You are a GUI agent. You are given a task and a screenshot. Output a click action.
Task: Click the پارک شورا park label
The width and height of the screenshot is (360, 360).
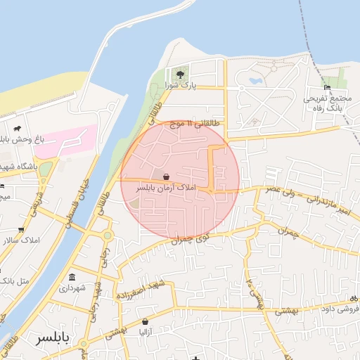[x=179, y=85]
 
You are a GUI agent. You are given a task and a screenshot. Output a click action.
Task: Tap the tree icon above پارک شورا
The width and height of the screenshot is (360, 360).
[x=181, y=73]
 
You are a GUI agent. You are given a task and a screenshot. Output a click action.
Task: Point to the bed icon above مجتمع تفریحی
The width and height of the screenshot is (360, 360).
[x=327, y=87]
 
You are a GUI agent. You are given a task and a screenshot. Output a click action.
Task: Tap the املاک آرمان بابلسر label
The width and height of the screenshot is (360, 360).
[x=166, y=188]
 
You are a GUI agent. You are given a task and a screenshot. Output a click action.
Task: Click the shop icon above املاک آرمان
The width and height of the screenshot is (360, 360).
[x=166, y=176]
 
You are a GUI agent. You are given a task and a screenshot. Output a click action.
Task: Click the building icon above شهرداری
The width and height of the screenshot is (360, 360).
[x=73, y=276]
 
